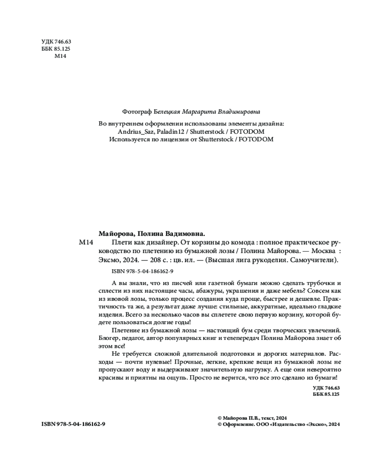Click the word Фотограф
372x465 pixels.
coord(136,112)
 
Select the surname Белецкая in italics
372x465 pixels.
coord(167,112)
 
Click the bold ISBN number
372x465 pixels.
coord(81,424)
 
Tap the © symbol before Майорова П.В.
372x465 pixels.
coord(219,418)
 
